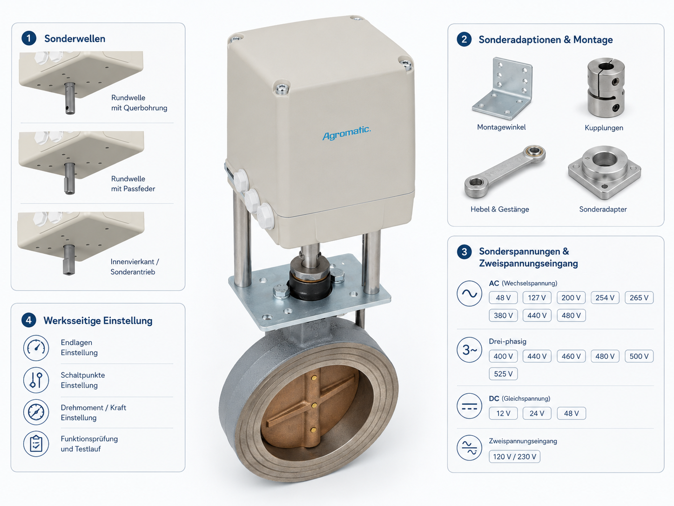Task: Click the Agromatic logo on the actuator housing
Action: tap(346, 133)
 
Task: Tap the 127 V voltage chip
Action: tap(537, 297)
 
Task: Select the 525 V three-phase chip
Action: tap(503, 374)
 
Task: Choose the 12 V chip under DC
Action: tap(503, 413)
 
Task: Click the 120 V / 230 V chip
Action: tap(514, 457)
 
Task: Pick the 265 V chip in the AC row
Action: tap(639, 297)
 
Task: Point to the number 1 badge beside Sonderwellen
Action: tap(29, 38)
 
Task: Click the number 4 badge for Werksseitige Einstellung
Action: tap(29, 321)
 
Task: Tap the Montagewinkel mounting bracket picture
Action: tap(502, 89)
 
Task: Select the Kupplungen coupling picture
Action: tap(606, 88)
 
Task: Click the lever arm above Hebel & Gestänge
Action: tap(505, 171)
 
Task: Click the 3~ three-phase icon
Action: tap(469, 349)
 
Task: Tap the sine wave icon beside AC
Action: tap(469, 294)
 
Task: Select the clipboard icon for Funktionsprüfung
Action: tap(36, 444)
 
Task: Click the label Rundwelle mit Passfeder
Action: tap(133, 184)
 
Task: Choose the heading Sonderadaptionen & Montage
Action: tap(546, 40)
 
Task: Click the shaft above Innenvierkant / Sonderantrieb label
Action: tap(69, 260)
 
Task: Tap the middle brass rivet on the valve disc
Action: tap(314, 405)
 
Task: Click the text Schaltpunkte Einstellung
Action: tap(83, 380)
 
